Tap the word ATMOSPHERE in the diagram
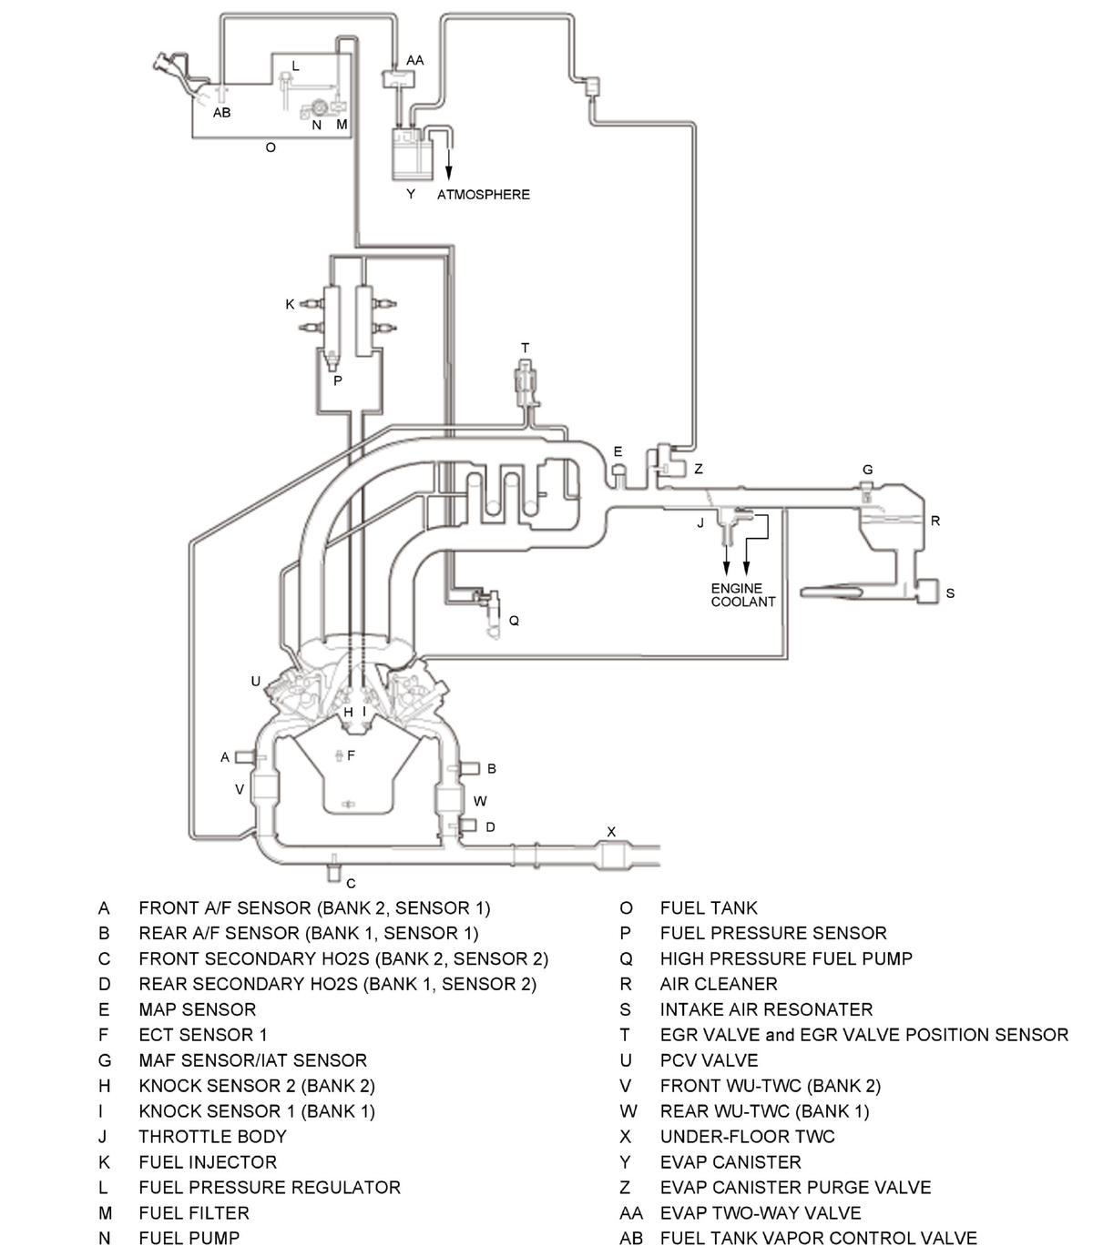point(484,195)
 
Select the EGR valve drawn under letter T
point(526,384)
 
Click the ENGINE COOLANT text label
point(742,595)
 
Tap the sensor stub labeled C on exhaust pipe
point(333,866)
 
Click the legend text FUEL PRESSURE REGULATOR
point(270,1188)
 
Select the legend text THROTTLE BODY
point(212,1137)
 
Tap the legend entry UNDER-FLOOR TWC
point(747,1137)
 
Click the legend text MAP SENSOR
point(197,1009)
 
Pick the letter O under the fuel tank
point(271,147)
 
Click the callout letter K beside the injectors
point(290,304)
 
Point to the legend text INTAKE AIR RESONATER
point(766,1009)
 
